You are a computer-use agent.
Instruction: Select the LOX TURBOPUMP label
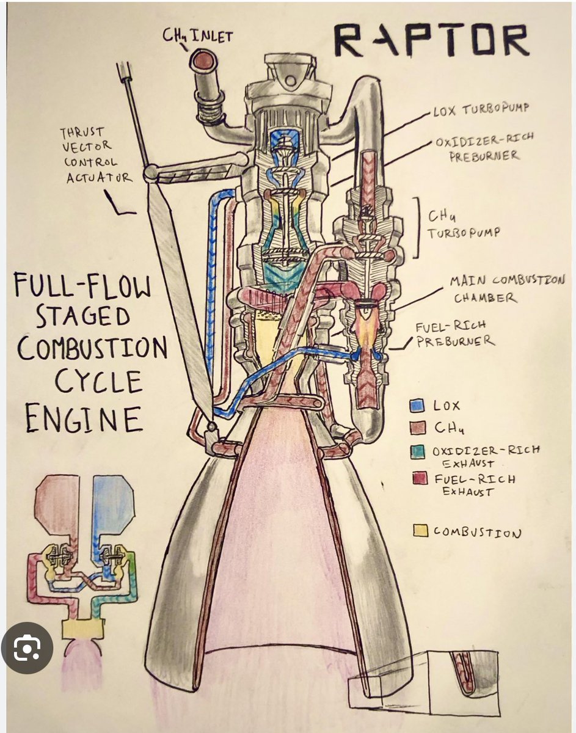coord(481,109)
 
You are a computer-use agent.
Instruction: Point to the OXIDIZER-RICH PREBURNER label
coord(484,148)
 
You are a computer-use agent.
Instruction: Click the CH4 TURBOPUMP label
coord(464,224)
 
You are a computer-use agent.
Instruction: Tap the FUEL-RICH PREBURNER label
coord(455,334)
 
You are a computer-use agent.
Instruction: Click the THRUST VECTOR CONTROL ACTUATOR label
coord(95,155)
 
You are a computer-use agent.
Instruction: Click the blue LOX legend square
coord(417,405)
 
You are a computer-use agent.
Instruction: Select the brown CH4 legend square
coord(418,428)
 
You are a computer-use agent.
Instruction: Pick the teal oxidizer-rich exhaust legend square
coord(418,452)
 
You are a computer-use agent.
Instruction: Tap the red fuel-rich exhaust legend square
coord(420,478)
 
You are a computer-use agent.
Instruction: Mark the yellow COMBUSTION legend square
coord(420,530)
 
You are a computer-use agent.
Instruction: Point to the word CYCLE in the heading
coord(98,381)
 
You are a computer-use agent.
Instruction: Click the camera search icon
coord(27,647)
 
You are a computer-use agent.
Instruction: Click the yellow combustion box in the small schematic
coord(82,629)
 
